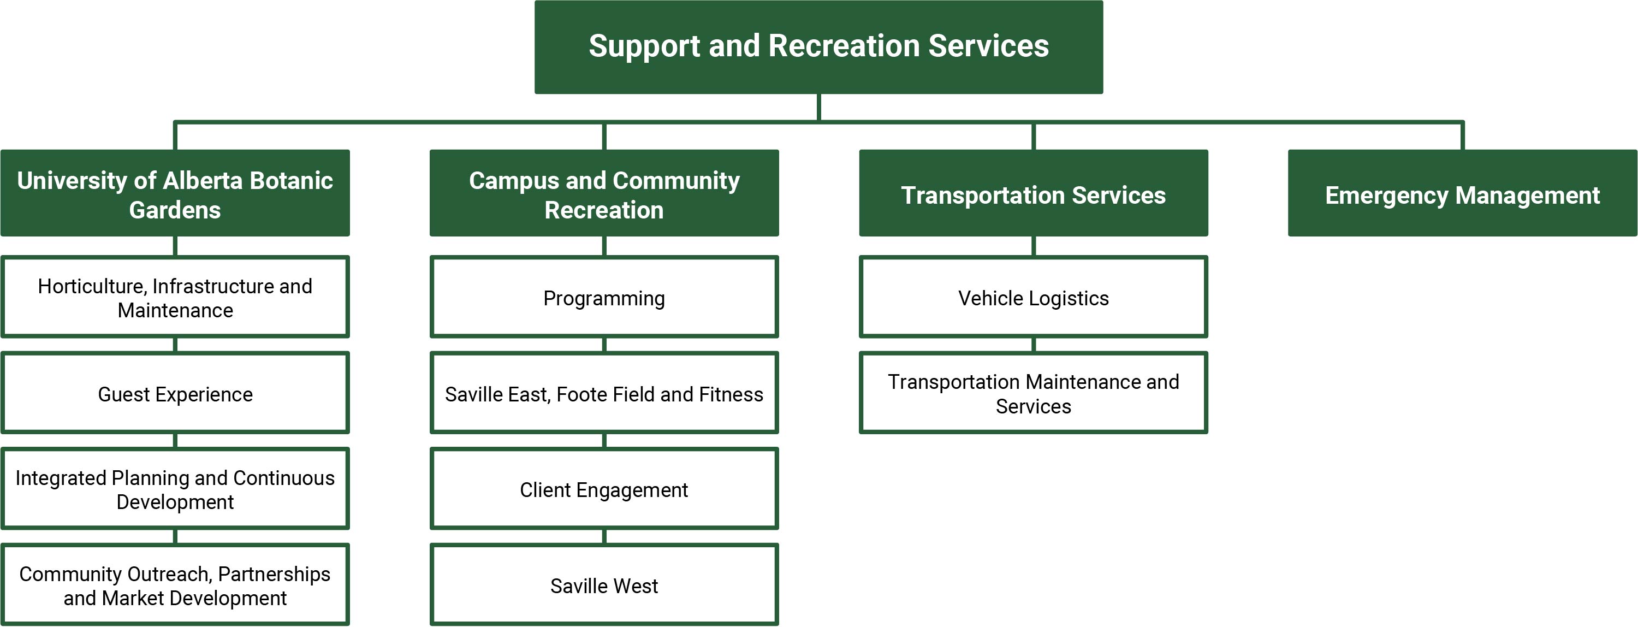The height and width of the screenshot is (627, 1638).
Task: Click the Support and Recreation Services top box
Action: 818,47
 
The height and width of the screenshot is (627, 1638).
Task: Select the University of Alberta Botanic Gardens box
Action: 175,193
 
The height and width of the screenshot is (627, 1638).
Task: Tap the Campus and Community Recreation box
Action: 604,193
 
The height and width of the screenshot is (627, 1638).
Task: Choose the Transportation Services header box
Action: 1033,193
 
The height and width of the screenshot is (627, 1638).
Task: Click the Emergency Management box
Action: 1463,193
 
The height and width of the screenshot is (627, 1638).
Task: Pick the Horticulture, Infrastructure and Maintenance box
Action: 175,297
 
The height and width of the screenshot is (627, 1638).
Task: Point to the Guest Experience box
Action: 175,393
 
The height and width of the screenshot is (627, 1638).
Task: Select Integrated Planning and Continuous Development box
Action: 175,489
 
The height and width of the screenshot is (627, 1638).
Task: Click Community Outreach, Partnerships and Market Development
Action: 175,585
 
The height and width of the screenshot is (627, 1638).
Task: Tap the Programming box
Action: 604,297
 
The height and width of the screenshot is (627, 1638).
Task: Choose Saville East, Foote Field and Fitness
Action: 604,393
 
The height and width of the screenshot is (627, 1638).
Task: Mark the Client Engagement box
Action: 604,489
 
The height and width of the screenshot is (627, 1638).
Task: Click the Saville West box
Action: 604,585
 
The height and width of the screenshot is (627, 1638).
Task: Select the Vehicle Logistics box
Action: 1033,297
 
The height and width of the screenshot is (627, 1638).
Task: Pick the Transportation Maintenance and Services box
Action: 1033,393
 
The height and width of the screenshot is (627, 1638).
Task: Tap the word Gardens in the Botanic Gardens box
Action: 175,210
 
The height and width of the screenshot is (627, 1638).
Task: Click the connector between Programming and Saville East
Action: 604,345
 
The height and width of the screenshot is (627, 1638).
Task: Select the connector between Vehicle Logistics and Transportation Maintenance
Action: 1033,345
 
